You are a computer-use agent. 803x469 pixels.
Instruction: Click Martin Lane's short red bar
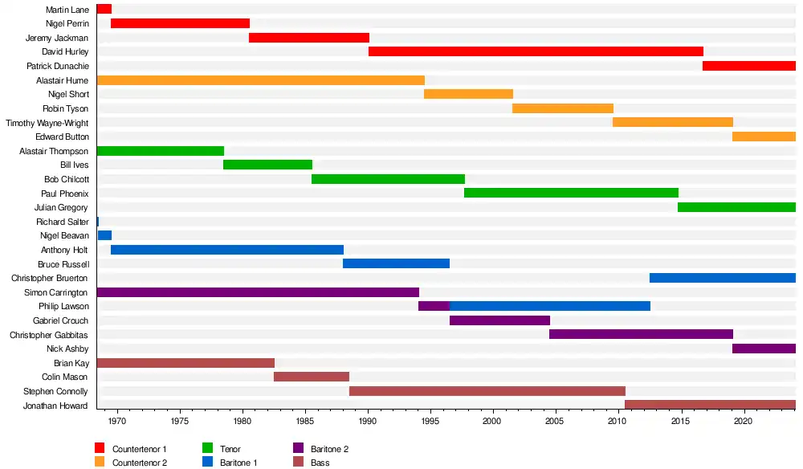click(x=104, y=10)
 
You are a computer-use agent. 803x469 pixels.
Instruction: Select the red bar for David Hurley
click(x=536, y=51)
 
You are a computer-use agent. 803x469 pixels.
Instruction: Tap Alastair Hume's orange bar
click(x=260, y=80)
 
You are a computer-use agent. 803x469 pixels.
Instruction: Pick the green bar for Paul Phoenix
click(x=571, y=193)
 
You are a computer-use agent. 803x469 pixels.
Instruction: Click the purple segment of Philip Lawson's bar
click(x=434, y=306)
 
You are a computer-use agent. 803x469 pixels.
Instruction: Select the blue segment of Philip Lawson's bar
click(x=550, y=306)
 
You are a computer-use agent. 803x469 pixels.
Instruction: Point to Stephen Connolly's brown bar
click(x=487, y=391)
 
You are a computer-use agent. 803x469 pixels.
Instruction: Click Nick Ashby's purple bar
click(x=764, y=349)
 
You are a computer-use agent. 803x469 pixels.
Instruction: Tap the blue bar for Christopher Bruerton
click(x=722, y=278)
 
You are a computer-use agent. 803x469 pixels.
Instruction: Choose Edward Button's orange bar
click(x=764, y=137)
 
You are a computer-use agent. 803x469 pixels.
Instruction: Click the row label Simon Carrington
click(x=56, y=292)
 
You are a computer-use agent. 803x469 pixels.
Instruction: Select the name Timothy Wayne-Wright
click(x=47, y=123)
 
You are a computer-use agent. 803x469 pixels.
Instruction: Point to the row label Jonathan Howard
click(x=56, y=406)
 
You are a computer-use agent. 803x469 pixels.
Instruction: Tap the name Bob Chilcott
click(x=67, y=179)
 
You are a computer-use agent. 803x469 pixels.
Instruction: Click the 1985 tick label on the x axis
click(x=305, y=420)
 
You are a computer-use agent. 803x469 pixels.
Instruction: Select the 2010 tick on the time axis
click(x=618, y=420)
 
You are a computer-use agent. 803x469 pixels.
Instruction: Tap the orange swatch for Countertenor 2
click(x=100, y=462)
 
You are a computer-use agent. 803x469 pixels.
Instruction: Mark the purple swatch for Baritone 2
click(x=298, y=448)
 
